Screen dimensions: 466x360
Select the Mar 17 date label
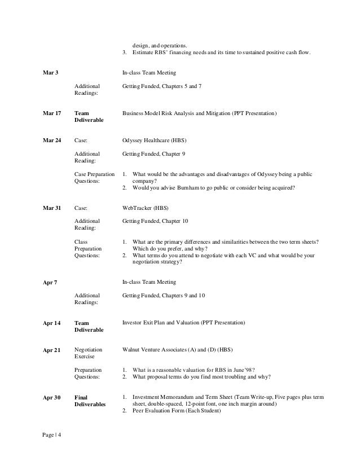coord(52,113)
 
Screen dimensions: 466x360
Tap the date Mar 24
coord(52,140)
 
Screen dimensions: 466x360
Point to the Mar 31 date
coord(52,208)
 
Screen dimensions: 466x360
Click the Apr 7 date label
coord(50,282)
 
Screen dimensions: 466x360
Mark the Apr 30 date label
coord(51,398)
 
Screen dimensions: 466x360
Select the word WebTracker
coord(138,208)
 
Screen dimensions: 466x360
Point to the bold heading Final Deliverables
coord(90,401)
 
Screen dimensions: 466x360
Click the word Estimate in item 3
coord(143,53)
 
